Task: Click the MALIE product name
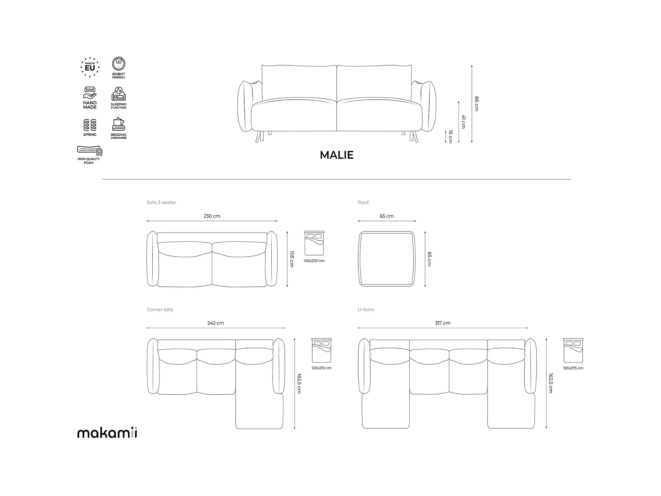(x=336, y=155)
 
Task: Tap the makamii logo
(x=107, y=432)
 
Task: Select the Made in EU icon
(x=90, y=67)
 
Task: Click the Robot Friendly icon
(x=119, y=68)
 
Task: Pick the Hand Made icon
(x=90, y=98)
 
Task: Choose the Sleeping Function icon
(x=119, y=98)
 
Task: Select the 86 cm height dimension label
(x=476, y=103)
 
